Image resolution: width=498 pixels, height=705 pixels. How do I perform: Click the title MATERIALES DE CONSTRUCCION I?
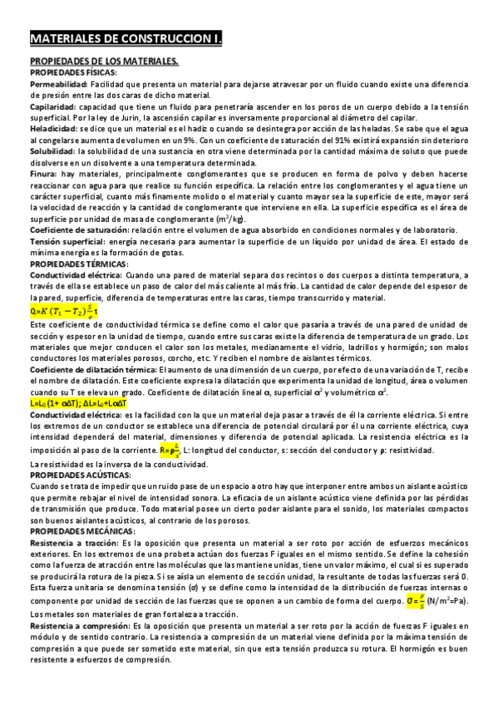(x=132, y=38)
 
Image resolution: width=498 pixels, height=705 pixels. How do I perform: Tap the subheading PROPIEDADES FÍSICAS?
(x=73, y=72)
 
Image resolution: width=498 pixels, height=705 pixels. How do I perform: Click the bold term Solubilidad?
(x=55, y=155)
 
